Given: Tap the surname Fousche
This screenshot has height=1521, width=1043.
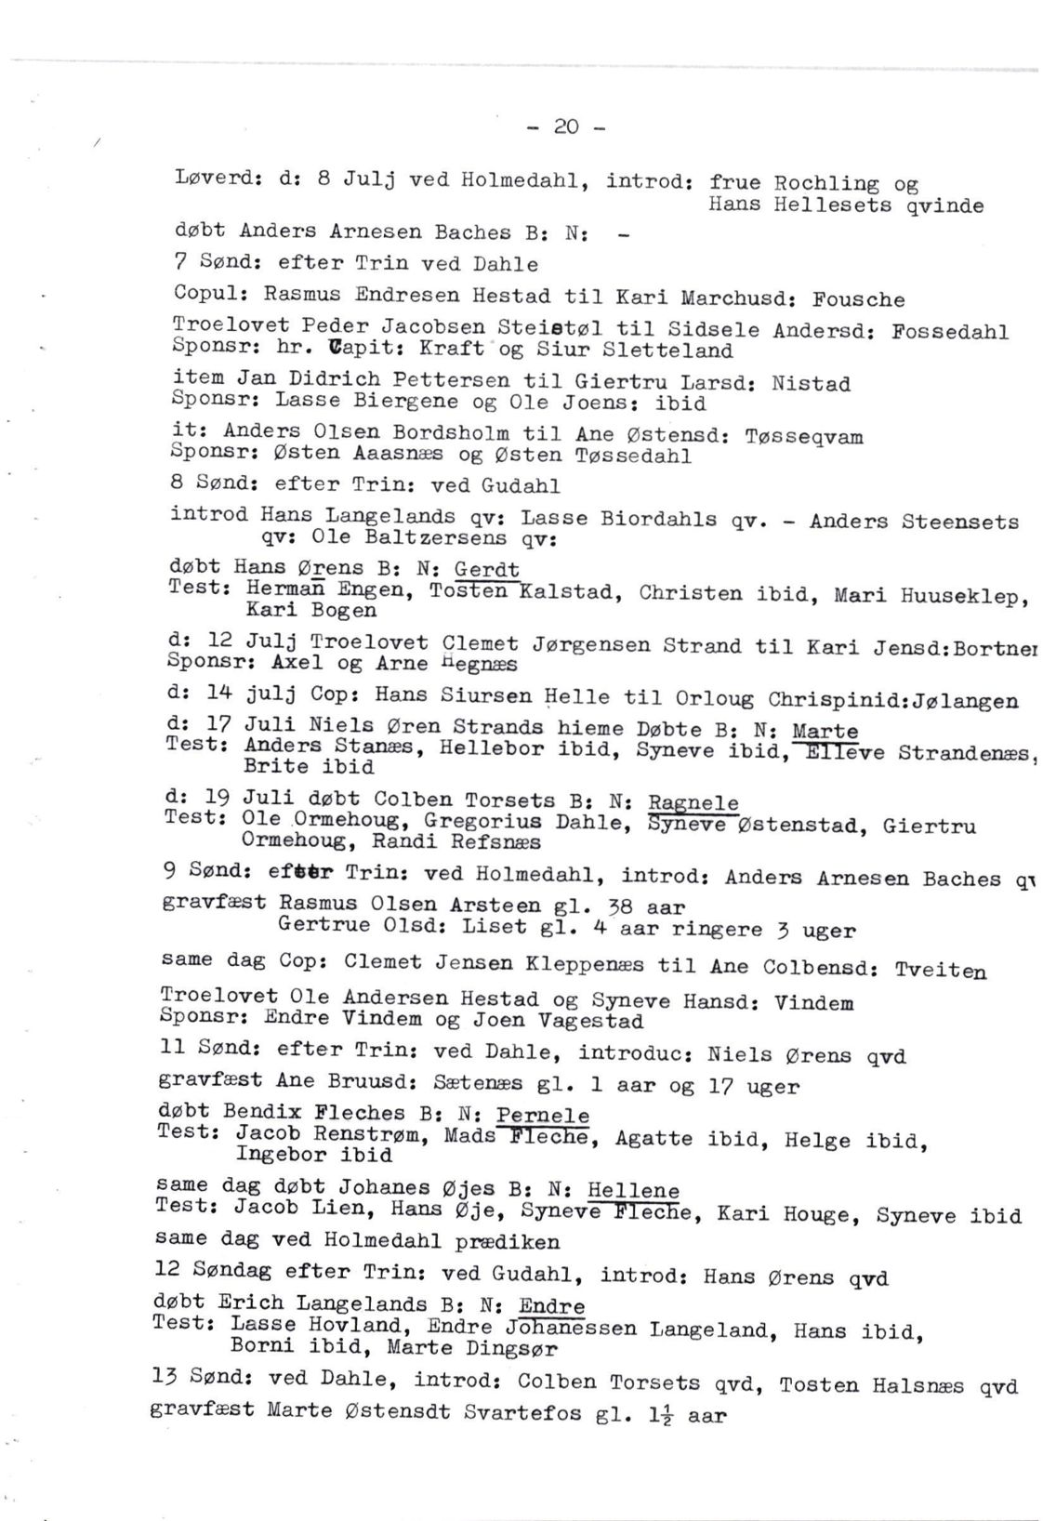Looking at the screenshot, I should [x=858, y=299].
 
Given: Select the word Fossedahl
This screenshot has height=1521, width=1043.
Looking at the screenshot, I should [x=950, y=331].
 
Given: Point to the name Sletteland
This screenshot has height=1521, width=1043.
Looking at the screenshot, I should [x=667, y=350].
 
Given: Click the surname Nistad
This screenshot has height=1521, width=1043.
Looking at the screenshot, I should [x=811, y=383].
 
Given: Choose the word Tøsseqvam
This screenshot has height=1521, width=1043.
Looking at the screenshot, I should [x=804, y=436].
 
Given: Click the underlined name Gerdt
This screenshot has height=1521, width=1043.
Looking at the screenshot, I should [x=486, y=569].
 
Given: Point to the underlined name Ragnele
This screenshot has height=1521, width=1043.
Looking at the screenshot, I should [x=693, y=802].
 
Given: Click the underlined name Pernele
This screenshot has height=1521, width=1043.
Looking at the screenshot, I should [x=543, y=1115].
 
